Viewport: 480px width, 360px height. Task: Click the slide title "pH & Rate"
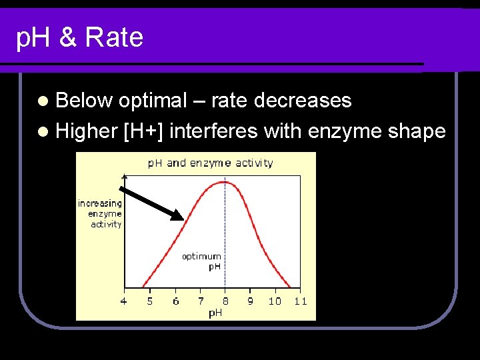coord(79,37)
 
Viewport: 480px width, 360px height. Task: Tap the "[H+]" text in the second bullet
coord(143,131)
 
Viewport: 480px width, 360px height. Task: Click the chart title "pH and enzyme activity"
coord(211,163)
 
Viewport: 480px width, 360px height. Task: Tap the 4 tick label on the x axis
coord(123,301)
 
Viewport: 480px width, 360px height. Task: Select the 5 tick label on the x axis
coord(149,301)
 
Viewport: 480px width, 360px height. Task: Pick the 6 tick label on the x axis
coord(175,301)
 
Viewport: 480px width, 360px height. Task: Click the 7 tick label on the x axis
coord(201,301)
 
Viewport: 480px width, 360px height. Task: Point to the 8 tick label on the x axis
coord(225,301)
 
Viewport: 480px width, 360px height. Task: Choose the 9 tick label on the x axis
coord(250,301)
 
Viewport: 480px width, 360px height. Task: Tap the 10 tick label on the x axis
coord(275,301)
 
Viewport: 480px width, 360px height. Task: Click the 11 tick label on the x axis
coord(300,301)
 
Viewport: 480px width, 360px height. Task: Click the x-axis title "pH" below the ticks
coord(215,313)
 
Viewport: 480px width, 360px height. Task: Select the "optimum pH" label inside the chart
coord(202,261)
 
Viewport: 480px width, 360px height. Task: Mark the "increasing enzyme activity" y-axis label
coord(101,213)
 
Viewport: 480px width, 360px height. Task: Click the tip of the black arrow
coord(181,219)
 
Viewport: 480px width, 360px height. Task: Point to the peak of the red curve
coord(225,182)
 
